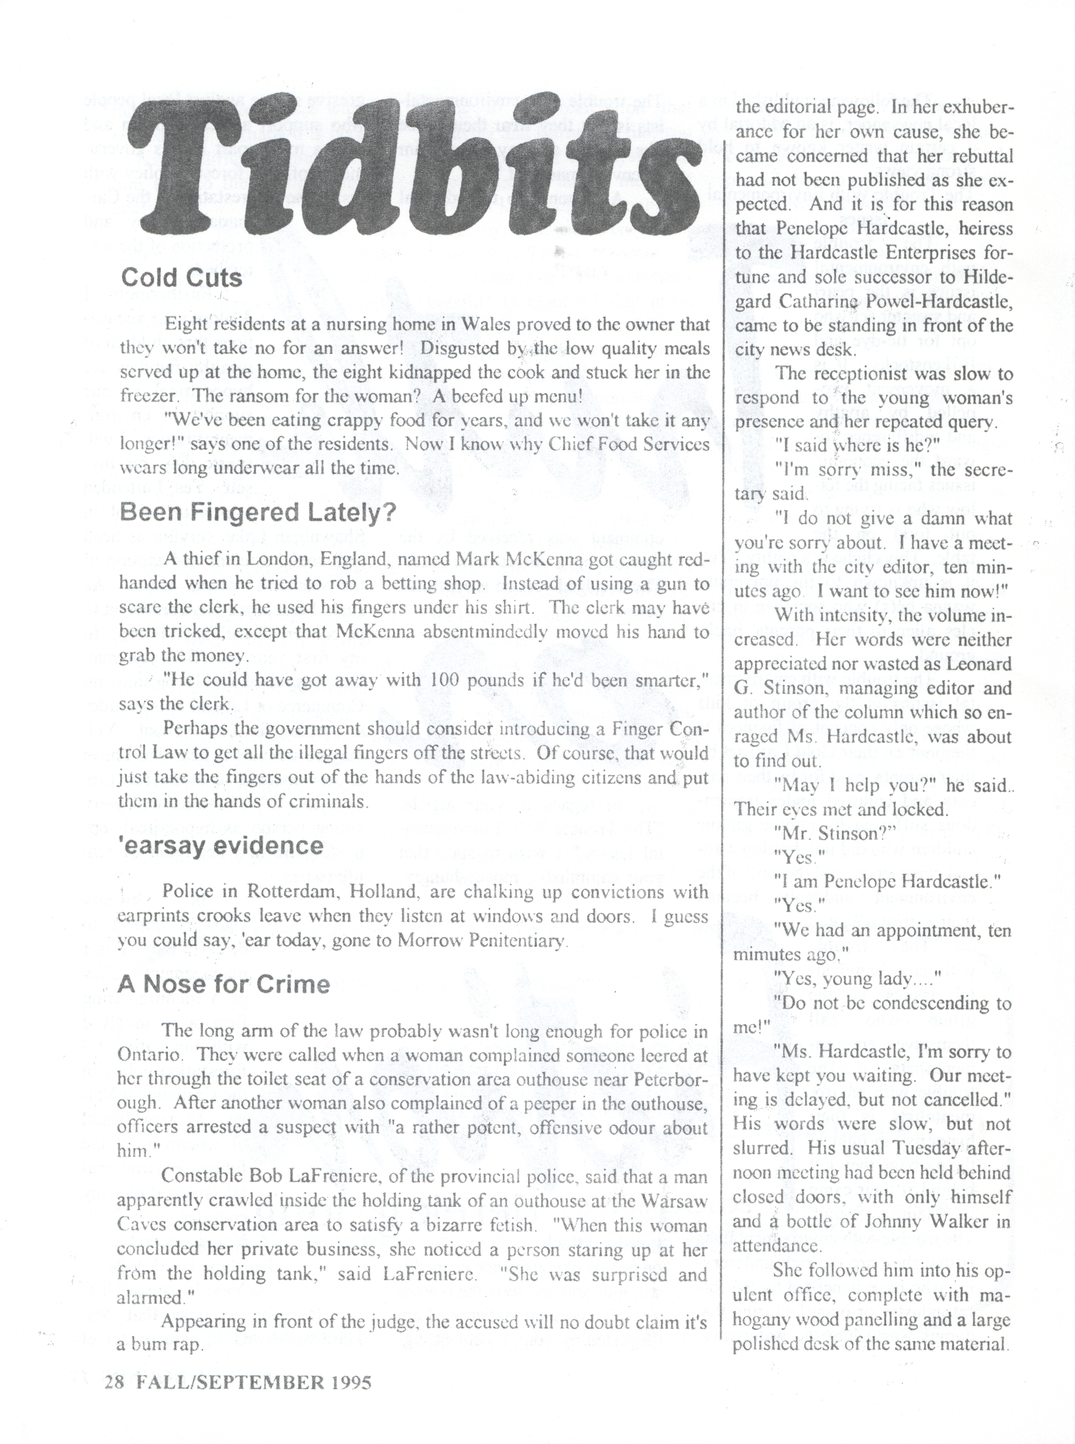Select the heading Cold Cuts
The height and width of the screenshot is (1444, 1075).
point(182,278)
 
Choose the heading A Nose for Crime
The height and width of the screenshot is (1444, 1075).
point(223,984)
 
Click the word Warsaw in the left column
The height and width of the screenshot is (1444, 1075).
point(675,1201)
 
